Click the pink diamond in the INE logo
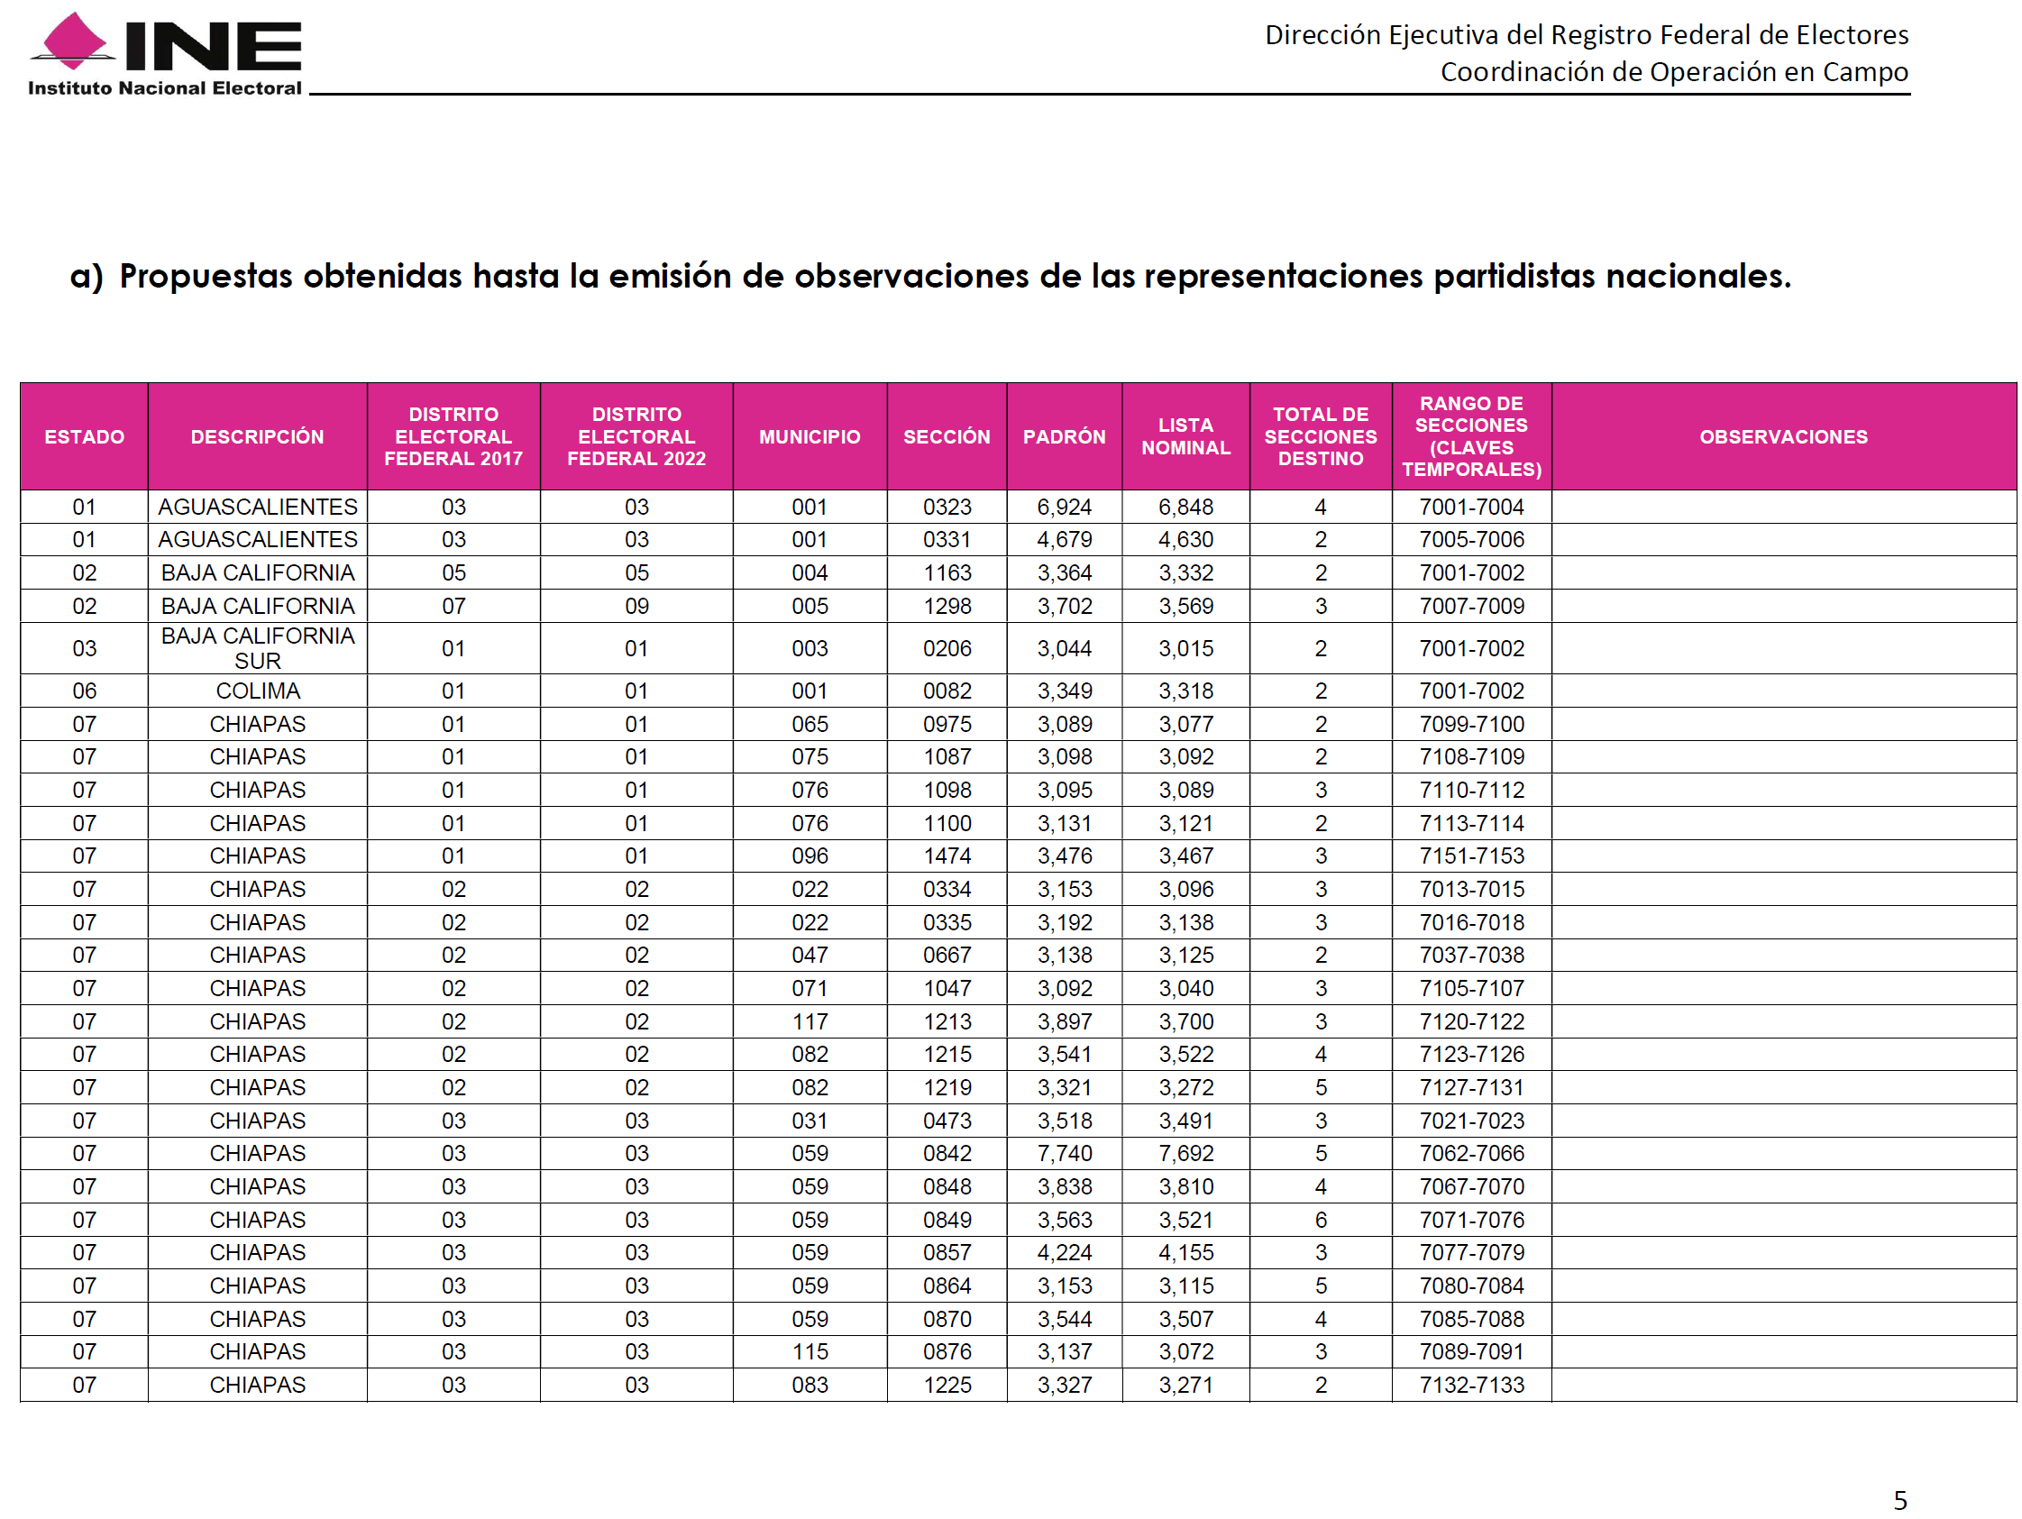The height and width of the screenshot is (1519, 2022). point(73,41)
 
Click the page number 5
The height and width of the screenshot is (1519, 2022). point(1900,1500)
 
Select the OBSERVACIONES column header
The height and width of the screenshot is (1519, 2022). point(1782,437)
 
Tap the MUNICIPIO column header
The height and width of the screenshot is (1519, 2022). point(809,437)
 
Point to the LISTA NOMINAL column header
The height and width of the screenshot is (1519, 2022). point(1185,437)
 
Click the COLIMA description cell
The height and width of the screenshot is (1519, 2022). point(258,691)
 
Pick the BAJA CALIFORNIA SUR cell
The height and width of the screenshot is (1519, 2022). point(258,648)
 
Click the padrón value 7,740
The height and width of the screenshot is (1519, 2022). point(1064,1153)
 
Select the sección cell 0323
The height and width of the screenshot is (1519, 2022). point(947,508)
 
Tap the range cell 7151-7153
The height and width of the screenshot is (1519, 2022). point(1471,856)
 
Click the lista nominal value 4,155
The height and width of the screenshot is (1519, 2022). point(1185,1252)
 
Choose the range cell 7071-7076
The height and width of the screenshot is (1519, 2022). point(1471,1219)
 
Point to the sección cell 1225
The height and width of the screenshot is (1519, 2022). point(947,1385)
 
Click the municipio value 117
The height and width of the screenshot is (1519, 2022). point(809,1020)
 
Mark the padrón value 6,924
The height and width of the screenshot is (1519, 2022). point(1064,508)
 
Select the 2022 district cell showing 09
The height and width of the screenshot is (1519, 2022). point(636,606)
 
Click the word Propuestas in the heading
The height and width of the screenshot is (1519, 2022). point(206,276)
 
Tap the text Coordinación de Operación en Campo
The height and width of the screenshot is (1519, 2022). point(1674,71)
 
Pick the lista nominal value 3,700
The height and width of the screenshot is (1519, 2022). point(1185,1020)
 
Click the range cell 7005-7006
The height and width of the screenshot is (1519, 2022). point(1471,539)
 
